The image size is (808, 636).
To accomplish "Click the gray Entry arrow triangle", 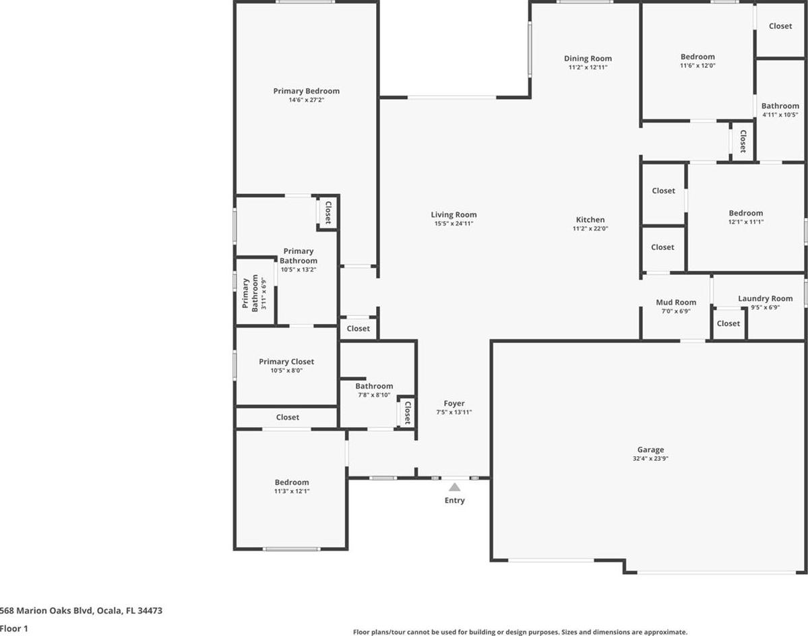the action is pyautogui.click(x=454, y=487).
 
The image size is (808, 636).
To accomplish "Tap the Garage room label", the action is pyautogui.click(x=650, y=449).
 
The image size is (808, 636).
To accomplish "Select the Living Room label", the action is pyautogui.click(x=454, y=215).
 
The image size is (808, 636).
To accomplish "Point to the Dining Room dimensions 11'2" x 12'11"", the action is pyautogui.click(x=588, y=67).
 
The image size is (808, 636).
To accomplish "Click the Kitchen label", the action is pyautogui.click(x=590, y=220).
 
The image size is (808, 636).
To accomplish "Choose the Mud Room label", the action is pyautogui.click(x=676, y=303).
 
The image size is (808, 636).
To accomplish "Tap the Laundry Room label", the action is pyautogui.click(x=766, y=298).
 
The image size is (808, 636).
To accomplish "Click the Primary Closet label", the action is pyautogui.click(x=286, y=362).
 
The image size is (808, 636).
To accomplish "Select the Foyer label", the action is pyautogui.click(x=454, y=404).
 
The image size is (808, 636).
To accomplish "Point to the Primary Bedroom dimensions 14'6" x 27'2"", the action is pyautogui.click(x=307, y=100).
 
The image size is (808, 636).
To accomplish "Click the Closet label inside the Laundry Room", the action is pyautogui.click(x=728, y=323).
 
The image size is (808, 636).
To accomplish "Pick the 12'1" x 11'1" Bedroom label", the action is pyautogui.click(x=745, y=213).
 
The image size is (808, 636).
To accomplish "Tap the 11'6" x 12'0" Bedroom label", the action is pyautogui.click(x=697, y=57).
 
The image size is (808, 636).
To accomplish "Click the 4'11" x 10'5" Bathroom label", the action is pyautogui.click(x=780, y=106).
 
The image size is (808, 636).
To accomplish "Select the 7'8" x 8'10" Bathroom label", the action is pyautogui.click(x=374, y=386).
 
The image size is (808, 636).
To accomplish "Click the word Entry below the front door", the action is pyautogui.click(x=454, y=500).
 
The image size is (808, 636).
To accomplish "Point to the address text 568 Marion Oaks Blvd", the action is pyautogui.click(x=46, y=611).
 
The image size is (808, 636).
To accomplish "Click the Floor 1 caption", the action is pyautogui.click(x=14, y=629).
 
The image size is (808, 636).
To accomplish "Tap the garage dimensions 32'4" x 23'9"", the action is pyautogui.click(x=650, y=459).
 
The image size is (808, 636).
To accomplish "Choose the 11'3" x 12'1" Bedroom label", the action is pyautogui.click(x=292, y=482).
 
